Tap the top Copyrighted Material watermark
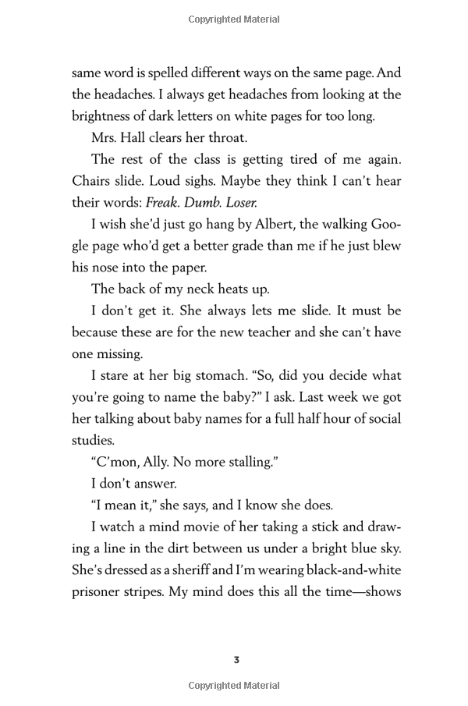pos(234,19)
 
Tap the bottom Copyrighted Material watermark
pos(234,686)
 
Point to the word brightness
pos(107,117)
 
